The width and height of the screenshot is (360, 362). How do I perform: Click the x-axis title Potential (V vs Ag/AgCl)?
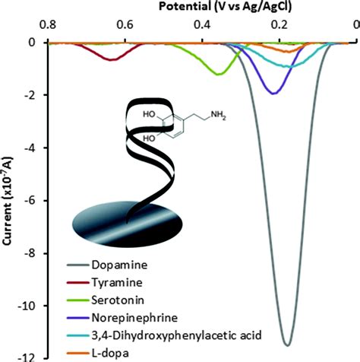[x=216, y=7]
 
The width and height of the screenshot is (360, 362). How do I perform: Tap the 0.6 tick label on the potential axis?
[x=125, y=24]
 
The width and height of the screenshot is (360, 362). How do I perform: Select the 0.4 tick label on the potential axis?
[x=202, y=24]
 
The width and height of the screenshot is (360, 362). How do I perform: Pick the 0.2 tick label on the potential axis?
[x=279, y=24]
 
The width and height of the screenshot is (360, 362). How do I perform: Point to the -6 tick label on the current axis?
[x=31, y=200]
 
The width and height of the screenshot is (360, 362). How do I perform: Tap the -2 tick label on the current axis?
[x=31, y=95]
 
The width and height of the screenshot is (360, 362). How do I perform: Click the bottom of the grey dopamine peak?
[x=286, y=344]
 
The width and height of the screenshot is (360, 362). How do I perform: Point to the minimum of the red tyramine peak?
[x=112, y=59]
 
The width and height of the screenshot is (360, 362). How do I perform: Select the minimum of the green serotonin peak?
[x=219, y=74]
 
